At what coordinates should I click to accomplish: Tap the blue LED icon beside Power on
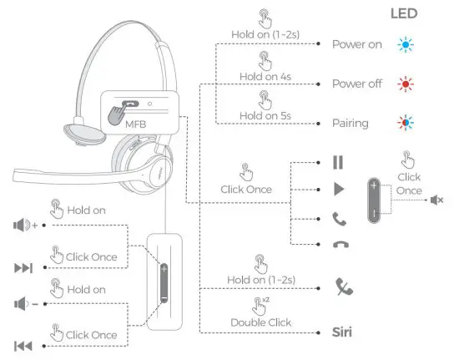pyautogui.click(x=406, y=44)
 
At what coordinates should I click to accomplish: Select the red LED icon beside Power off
pyautogui.click(x=406, y=84)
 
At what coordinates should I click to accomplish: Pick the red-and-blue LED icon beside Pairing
pyautogui.click(x=406, y=124)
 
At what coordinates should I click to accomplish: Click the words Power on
pyautogui.click(x=357, y=44)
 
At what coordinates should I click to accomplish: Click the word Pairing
pyautogui.click(x=351, y=124)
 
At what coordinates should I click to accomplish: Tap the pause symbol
pyautogui.click(x=338, y=162)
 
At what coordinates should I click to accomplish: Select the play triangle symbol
pyautogui.click(x=339, y=190)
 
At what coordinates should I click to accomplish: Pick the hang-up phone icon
pyautogui.click(x=339, y=244)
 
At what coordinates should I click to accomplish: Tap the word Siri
pyautogui.click(x=340, y=332)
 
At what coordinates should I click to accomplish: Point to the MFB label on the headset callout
pyautogui.click(x=135, y=124)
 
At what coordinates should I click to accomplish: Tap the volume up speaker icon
pyautogui.click(x=23, y=225)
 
